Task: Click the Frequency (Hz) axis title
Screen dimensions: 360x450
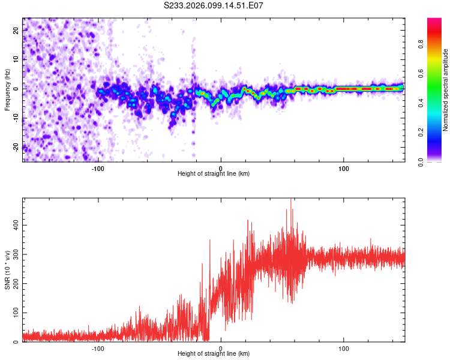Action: pos(7,89)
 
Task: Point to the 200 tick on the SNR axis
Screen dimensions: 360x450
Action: pos(14,283)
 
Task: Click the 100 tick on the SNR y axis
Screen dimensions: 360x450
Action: pos(14,313)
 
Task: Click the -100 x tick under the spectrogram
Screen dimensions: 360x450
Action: pos(98,169)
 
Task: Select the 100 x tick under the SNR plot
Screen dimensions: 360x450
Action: pos(344,348)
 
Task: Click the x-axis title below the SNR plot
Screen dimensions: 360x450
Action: pos(214,354)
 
